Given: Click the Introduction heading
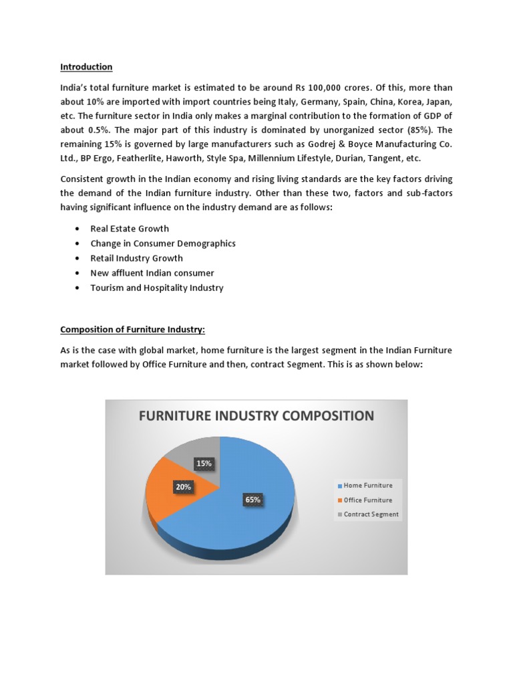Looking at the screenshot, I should tap(86, 67).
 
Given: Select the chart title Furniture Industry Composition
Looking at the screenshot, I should tap(256, 416).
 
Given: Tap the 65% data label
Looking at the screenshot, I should tap(252, 499).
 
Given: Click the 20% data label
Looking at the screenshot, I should tap(183, 487).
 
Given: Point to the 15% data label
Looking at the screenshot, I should tap(204, 463).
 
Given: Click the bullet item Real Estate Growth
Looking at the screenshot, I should tap(130, 229).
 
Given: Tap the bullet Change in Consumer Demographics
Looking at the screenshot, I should tap(162, 243).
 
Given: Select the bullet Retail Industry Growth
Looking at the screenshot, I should tap(136, 258).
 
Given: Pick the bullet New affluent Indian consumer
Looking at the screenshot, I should tap(152, 273).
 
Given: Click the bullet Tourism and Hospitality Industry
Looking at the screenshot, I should tap(156, 288).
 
